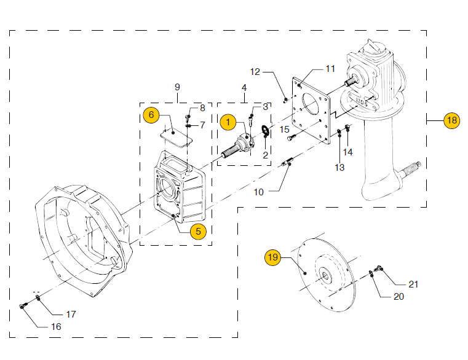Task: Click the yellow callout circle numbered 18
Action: click(x=451, y=120)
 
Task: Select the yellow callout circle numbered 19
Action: click(x=273, y=257)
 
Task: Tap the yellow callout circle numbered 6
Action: click(x=151, y=115)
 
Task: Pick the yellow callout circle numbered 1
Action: click(x=228, y=122)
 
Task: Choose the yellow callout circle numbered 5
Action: click(x=198, y=232)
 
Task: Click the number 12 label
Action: click(x=255, y=72)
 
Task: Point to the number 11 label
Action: click(x=330, y=69)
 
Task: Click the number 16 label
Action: click(x=56, y=327)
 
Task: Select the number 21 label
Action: click(x=413, y=284)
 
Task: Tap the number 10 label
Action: click(x=259, y=192)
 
